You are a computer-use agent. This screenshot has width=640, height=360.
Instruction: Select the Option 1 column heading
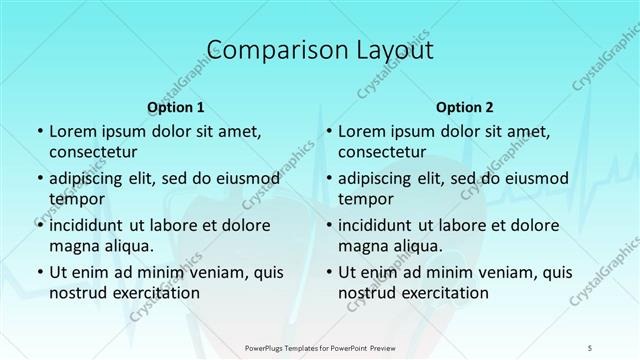(176, 107)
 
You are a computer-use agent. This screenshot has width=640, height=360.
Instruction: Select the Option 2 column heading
(465, 107)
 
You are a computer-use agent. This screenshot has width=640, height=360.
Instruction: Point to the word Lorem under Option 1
(73, 131)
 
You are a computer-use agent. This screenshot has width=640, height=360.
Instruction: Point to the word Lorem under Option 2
(362, 131)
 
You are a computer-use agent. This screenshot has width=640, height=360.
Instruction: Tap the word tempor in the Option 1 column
(75, 199)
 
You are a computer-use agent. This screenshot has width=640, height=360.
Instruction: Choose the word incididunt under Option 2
(379, 225)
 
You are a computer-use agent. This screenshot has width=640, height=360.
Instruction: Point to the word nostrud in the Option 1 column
(79, 292)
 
